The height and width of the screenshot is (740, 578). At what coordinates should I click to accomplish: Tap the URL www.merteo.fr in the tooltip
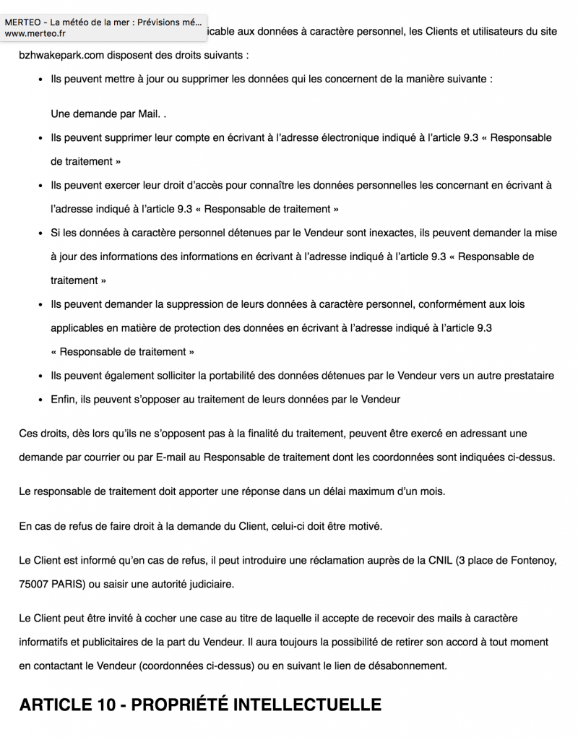[x=35, y=33]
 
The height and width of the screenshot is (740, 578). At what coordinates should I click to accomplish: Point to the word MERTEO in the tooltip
[x=22, y=22]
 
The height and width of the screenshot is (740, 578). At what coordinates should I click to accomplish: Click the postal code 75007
[x=35, y=584]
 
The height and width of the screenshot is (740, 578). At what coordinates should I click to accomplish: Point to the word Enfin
[x=64, y=400]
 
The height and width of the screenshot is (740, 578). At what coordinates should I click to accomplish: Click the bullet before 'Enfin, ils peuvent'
[x=40, y=400]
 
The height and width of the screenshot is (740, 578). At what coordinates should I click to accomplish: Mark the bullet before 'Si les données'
[x=40, y=233]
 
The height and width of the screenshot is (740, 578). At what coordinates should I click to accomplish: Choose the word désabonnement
[x=405, y=666]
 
